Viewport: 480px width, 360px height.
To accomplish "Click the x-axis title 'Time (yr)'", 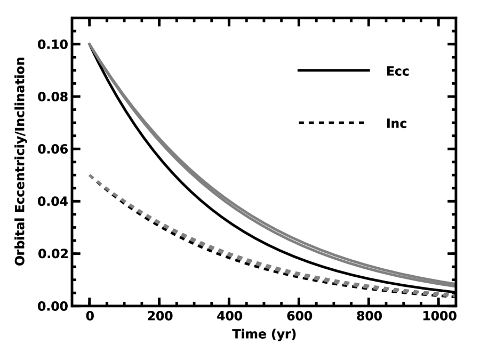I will (263, 335).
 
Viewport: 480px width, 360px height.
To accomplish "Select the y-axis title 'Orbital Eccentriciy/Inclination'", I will (20, 162).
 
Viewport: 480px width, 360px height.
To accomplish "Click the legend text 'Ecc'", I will (397, 71).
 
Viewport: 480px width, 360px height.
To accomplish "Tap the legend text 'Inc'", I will (396, 123).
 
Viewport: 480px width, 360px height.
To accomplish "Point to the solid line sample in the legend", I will (333, 70).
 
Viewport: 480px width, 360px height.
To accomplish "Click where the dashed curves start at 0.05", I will (90, 175).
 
